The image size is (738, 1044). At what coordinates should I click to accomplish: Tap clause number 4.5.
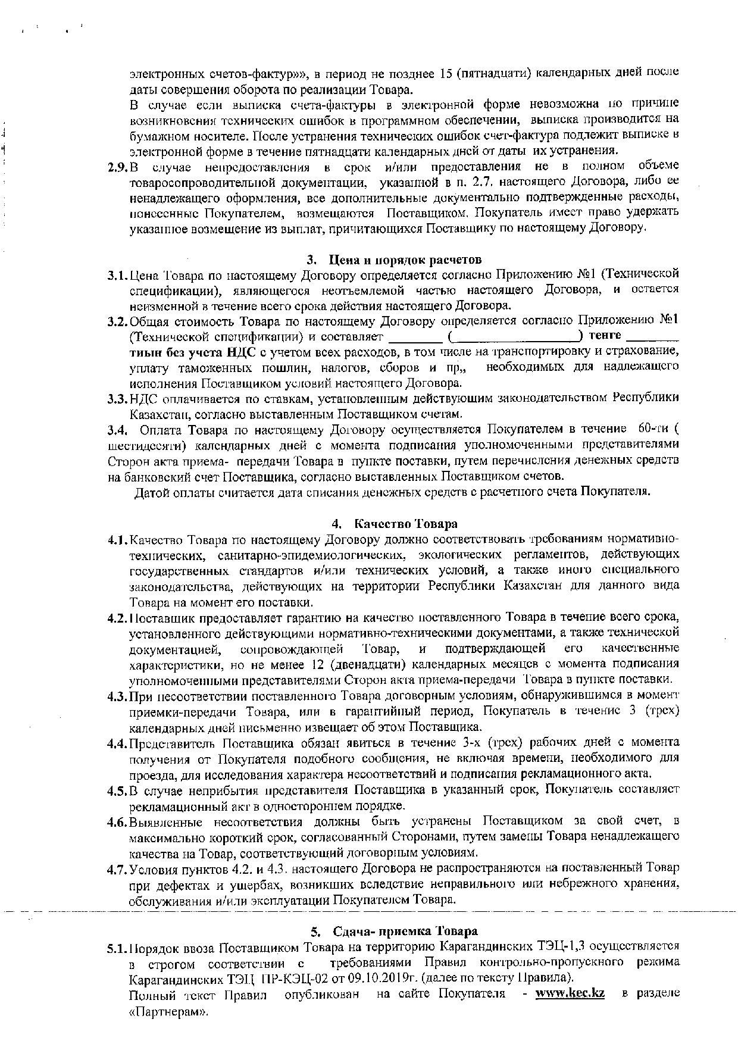118,791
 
